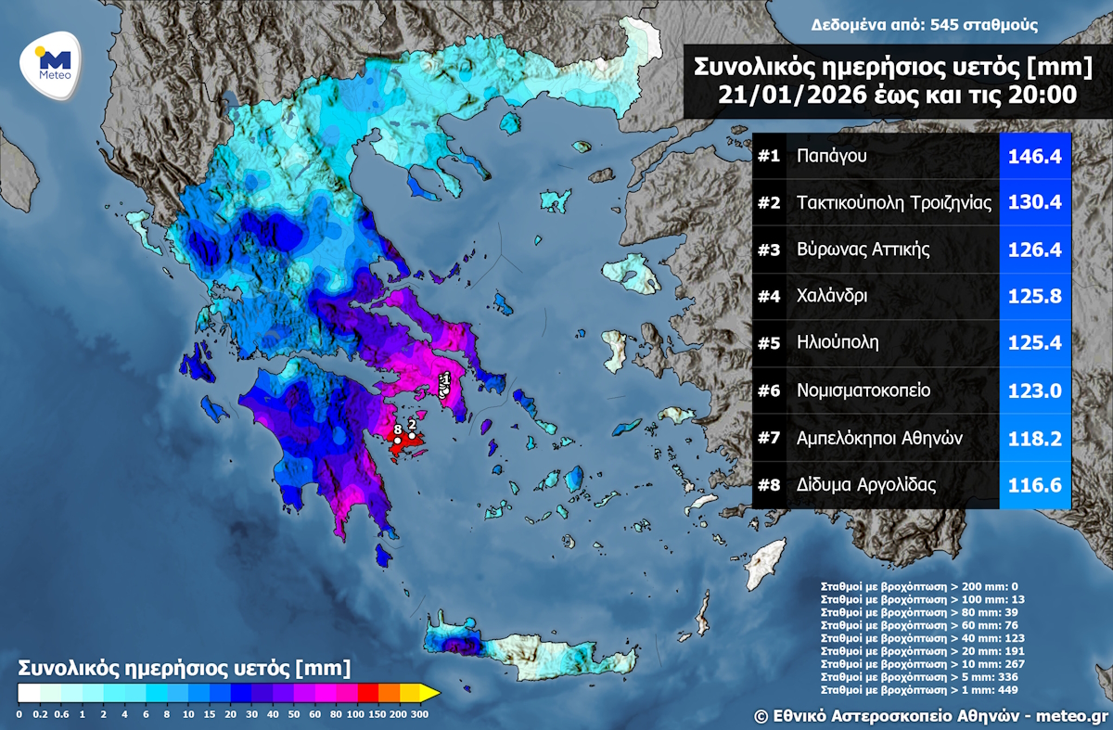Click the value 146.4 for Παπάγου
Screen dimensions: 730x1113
coord(1036,156)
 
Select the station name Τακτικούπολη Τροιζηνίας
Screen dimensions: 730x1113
coord(894,203)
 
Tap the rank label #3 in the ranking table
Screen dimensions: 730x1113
coord(769,250)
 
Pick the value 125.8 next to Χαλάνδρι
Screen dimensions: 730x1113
coord(1036,297)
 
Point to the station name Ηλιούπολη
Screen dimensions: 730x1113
coord(838,343)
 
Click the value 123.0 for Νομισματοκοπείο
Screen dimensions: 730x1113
coord(1036,391)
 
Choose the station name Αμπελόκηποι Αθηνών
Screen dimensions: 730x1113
coord(882,437)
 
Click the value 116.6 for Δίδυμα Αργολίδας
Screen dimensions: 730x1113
coord(1036,484)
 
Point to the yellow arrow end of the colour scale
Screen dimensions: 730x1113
coord(429,692)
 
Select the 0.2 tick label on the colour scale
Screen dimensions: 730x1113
coord(39,714)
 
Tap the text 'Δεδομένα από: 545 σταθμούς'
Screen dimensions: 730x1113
coord(924,25)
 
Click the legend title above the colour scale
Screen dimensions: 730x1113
coord(185,668)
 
